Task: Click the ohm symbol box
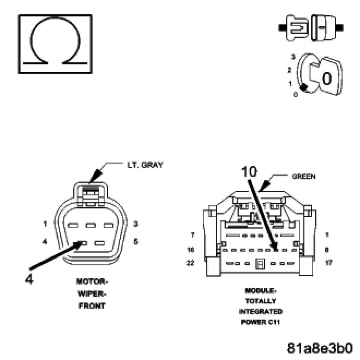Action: [55, 44]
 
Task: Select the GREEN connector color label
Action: [304, 177]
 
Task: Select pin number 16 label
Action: [191, 250]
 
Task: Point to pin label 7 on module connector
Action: [193, 235]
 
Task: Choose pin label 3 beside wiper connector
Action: [135, 224]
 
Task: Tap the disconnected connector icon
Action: [311, 28]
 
